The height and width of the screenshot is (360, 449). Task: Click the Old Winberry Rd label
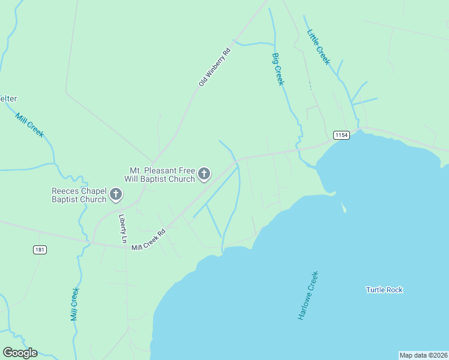point(215,67)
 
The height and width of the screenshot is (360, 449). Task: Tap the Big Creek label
point(277,69)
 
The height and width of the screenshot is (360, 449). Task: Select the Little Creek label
point(318,47)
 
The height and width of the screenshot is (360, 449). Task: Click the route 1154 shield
point(342,135)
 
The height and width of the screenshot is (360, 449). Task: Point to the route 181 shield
point(40,250)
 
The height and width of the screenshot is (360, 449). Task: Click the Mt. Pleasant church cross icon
point(204,175)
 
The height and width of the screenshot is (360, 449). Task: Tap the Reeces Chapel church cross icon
point(116,194)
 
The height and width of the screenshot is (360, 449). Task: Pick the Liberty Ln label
point(124,229)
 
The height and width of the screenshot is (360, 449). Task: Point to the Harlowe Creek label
point(308,295)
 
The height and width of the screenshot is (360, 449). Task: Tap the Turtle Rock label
point(384,290)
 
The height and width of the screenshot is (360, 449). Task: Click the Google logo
point(20,353)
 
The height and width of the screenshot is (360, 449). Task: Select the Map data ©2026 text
point(423,355)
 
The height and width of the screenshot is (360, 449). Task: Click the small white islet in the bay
point(344,208)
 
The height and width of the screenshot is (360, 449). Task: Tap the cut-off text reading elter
point(8,98)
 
